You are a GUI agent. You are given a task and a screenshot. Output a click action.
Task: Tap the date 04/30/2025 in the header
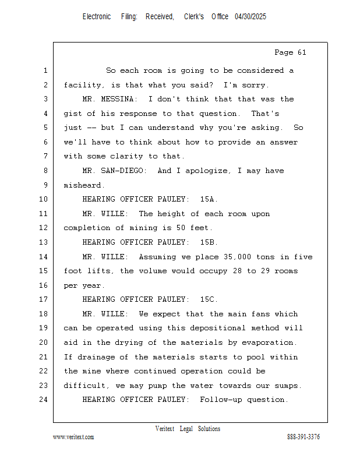click(250, 17)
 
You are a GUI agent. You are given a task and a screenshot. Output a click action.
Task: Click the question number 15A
click(209, 200)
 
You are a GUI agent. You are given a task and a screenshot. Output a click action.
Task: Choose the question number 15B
click(209, 242)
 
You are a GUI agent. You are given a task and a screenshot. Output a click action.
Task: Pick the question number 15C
click(209, 299)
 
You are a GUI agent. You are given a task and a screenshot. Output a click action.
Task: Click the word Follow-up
click(220, 400)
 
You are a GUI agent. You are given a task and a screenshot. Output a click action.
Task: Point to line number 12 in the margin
click(45, 228)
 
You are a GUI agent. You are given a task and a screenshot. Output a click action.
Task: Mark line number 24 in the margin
click(45, 400)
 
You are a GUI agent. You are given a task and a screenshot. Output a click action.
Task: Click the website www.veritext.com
click(73, 437)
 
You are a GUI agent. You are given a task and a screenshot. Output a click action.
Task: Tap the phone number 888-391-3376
click(303, 437)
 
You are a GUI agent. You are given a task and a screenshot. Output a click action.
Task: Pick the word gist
click(73, 114)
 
